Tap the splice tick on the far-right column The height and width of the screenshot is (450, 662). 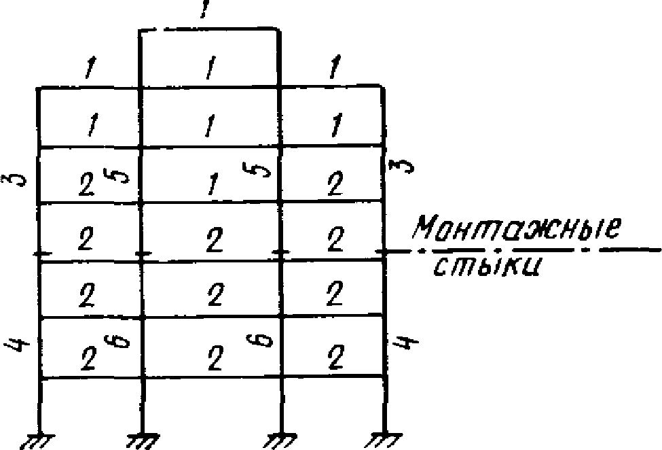click(384, 252)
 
